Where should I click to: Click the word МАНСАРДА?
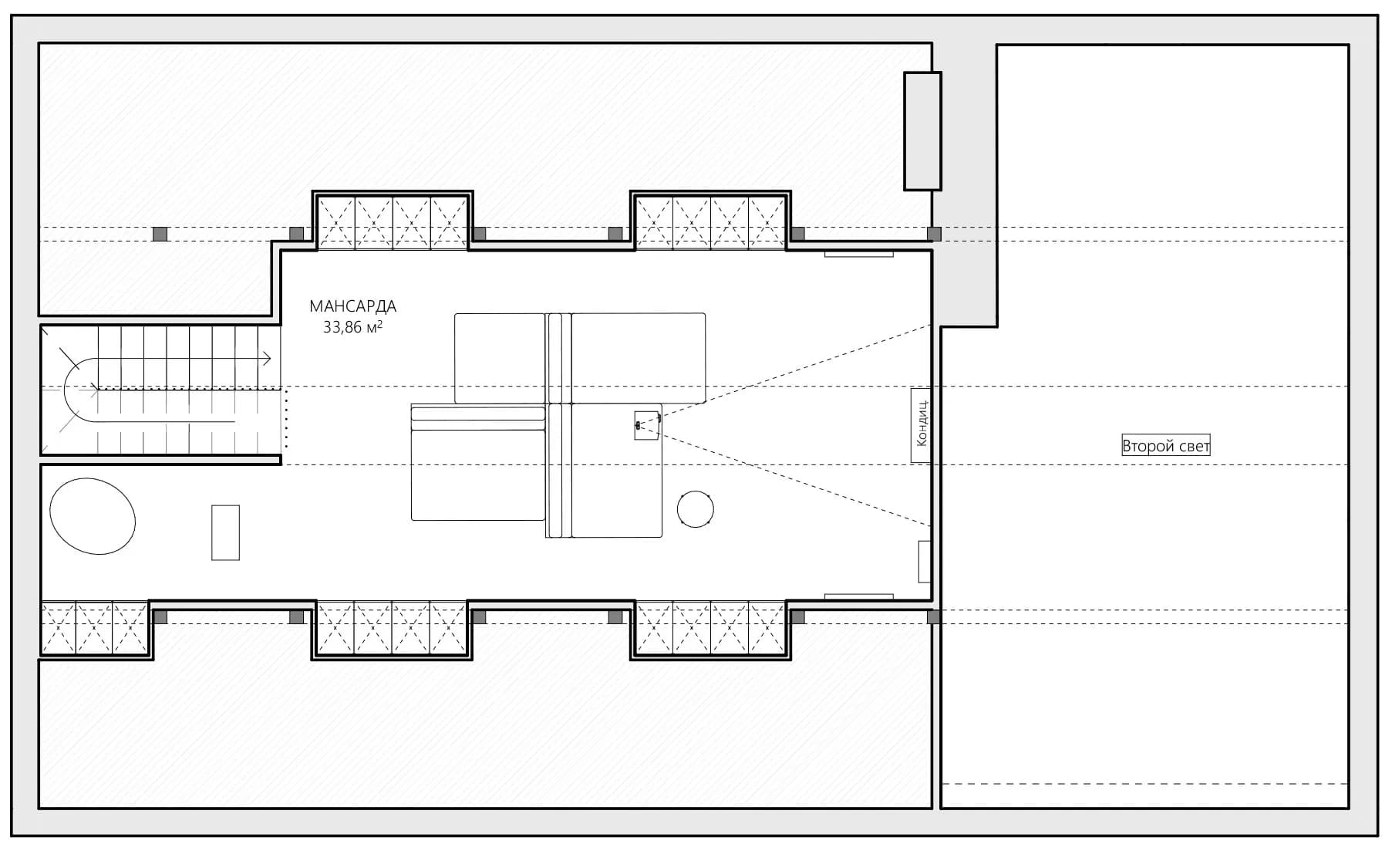click(352, 306)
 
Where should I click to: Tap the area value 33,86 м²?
click(352, 327)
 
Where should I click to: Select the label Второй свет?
click(1165, 446)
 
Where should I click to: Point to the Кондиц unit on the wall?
click(921, 425)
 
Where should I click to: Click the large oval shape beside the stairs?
click(93, 516)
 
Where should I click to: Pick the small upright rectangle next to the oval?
click(225, 532)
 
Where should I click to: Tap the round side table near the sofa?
click(695, 509)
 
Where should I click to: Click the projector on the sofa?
click(647, 425)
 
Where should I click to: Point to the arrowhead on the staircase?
click(267, 358)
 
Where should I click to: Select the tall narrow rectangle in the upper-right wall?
click(922, 130)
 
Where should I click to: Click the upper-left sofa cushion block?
click(500, 358)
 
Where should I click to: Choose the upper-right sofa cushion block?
click(638, 358)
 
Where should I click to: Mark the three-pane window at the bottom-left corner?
click(94, 628)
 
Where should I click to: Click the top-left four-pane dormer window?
click(393, 223)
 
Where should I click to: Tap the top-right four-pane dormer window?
click(710, 223)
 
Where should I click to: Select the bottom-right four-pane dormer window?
click(710, 628)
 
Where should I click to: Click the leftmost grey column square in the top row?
click(160, 234)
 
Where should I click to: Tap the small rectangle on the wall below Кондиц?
click(925, 561)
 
